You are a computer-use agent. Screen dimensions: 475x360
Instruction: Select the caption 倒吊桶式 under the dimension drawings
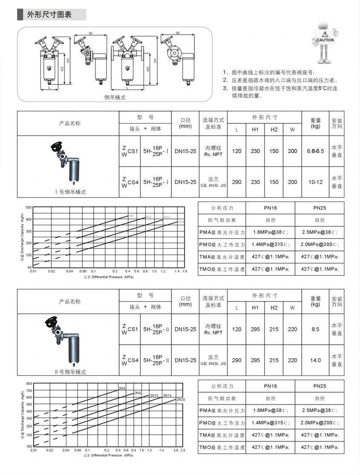coord(115,97)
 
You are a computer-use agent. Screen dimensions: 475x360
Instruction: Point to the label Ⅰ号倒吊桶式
coord(70,192)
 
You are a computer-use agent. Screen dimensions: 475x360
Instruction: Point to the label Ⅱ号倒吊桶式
coord(70,372)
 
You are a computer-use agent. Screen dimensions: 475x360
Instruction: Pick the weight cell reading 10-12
coord(315,182)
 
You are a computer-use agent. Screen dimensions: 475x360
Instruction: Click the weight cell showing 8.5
coord(315,329)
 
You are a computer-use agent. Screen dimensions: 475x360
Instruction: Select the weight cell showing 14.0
coord(315,360)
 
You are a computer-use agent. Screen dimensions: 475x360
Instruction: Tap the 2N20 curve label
coord(181,399)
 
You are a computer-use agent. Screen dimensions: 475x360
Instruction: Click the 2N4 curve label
coord(122,388)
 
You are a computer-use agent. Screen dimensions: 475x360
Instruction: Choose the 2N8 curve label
coord(138,392)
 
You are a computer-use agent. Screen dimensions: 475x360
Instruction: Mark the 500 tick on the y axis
coord(29,207)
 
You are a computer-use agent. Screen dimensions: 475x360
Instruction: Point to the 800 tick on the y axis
coord(29,383)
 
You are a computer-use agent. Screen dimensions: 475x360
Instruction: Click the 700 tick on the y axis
coord(29,391)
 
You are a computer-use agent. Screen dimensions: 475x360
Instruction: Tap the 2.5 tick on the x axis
coord(183,450)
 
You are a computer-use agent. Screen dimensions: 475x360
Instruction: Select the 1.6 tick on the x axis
coord(184,271)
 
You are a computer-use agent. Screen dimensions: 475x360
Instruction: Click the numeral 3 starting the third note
coord(225,88)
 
